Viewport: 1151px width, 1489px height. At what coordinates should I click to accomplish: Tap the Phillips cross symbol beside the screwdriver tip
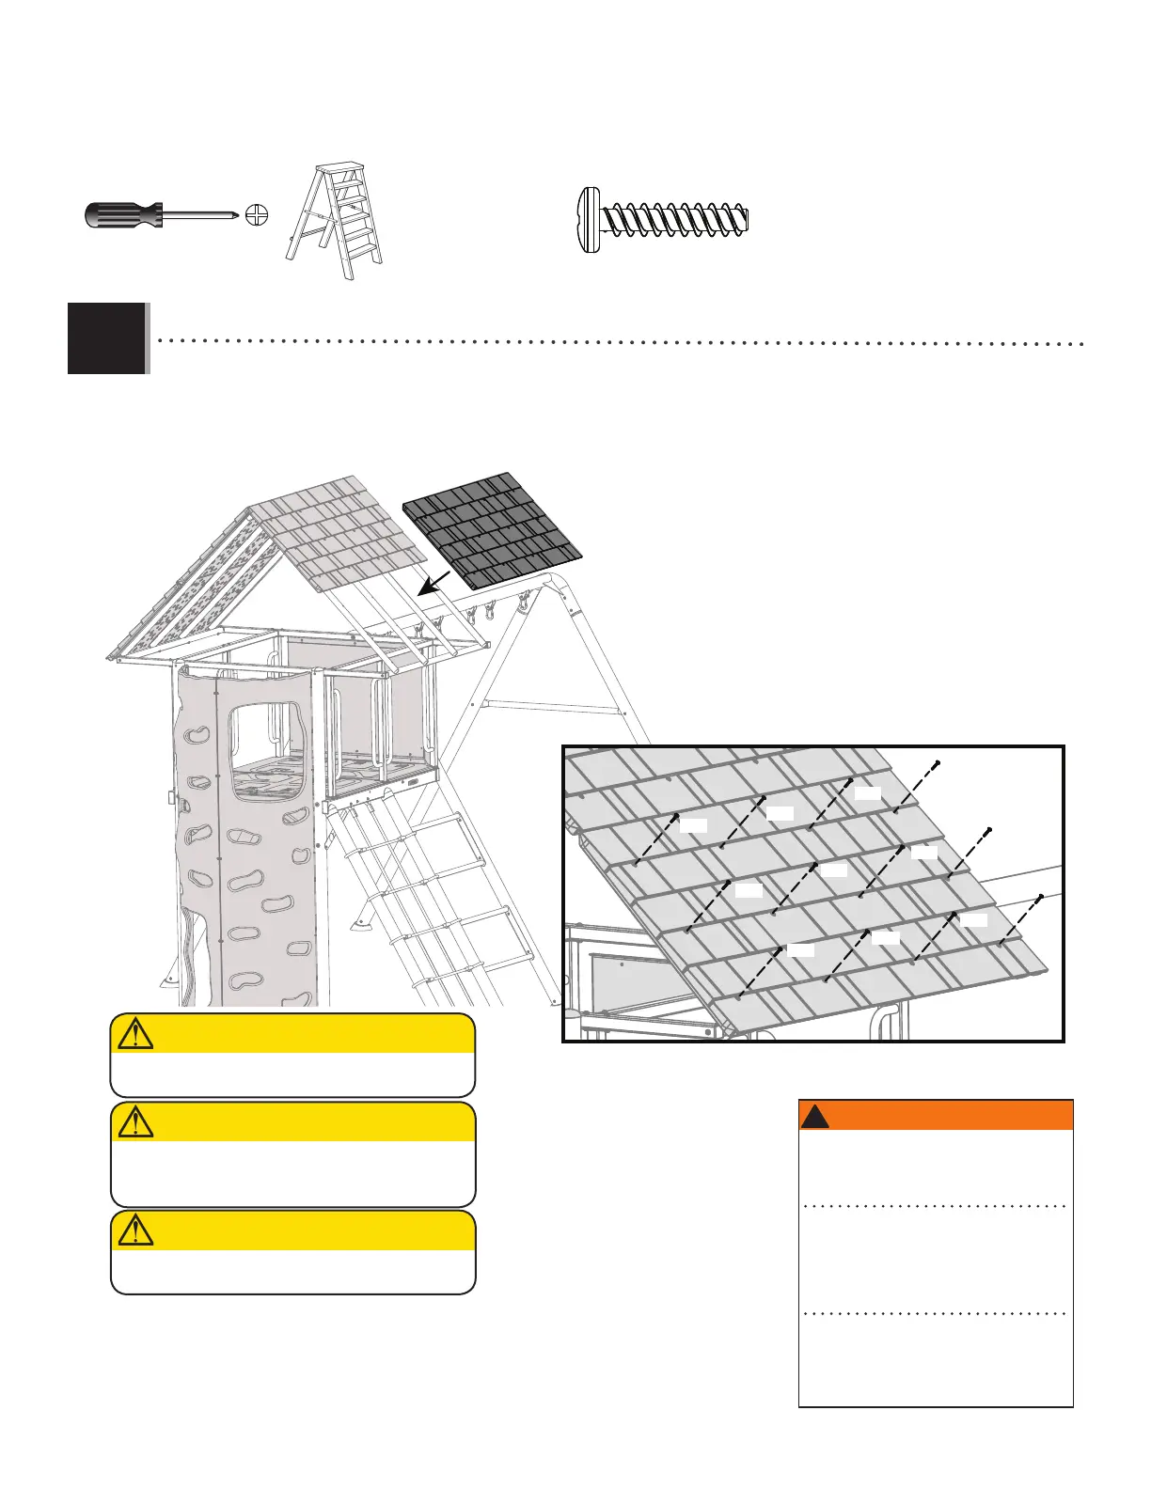coord(257,216)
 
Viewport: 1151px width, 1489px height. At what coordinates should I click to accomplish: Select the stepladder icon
coord(336,222)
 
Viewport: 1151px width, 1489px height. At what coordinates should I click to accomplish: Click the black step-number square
coord(107,338)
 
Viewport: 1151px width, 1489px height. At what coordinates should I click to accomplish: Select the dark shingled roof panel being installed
coord(492,529)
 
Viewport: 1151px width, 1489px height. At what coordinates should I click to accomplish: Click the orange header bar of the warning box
coord(936,1115)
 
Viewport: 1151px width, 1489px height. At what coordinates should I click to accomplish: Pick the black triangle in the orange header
coord(814,1116)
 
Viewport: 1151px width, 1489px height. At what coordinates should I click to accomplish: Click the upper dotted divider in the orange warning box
coord(936,1206)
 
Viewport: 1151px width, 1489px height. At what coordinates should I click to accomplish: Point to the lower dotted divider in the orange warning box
coord(936,1313)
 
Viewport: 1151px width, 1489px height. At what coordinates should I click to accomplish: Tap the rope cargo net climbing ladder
coord(423,884)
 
